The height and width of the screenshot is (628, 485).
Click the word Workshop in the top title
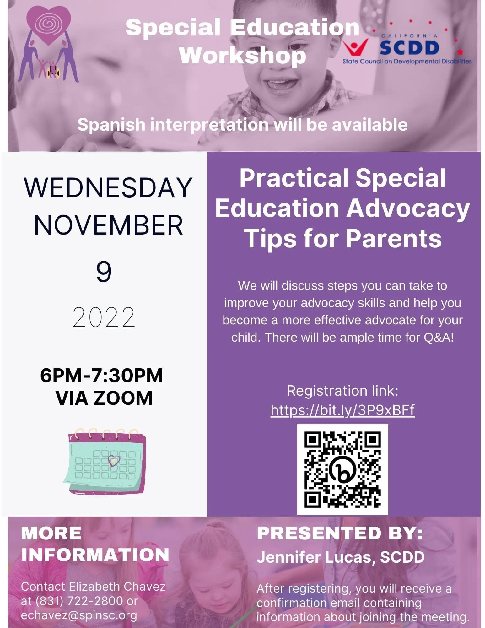pos(242,56)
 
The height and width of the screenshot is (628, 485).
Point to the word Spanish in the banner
pos(111,125)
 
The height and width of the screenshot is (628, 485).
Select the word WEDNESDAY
pos(108,187)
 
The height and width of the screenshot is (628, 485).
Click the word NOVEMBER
pos(108,225)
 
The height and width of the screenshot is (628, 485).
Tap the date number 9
pos(104,272)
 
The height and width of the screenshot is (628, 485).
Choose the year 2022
pos(104,317)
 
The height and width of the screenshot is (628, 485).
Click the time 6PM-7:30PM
pos(102,375)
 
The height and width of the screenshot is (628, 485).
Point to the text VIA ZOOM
pos(104,398)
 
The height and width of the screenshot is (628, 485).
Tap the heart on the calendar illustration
pos(114,461)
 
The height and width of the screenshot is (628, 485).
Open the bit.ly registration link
pos(342,410)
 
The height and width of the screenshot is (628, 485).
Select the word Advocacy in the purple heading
pos(408,209)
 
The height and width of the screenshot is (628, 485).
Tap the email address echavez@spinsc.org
pos(79,615)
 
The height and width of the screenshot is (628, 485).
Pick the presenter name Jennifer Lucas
pos(314,557)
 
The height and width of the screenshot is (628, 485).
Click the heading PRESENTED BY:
pos(340,533)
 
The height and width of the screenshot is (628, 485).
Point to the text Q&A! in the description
pos(438,337)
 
